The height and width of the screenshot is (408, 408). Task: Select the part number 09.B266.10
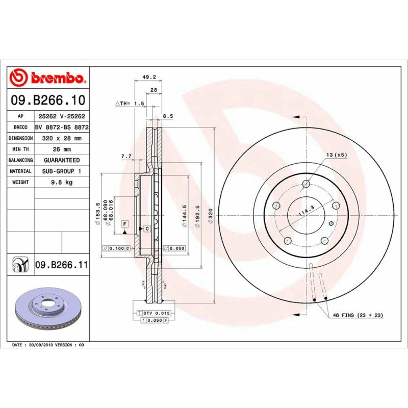(48, 99)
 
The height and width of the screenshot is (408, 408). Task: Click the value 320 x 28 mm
(61, 138)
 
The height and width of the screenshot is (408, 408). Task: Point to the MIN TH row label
(21, 149)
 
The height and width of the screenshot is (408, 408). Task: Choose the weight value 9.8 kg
(61, 182)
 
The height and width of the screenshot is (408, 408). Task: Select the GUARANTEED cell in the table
(61, 160)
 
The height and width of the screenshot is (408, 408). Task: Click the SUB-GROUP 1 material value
(61, 171)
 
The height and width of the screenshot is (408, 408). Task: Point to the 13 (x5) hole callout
(337, 154)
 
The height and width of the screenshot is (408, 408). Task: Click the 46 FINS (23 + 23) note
(358, 316)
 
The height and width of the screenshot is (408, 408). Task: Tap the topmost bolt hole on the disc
(306, 184)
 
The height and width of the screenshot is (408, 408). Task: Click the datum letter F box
(124, 223)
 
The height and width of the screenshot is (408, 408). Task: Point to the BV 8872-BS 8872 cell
(61, 127)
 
